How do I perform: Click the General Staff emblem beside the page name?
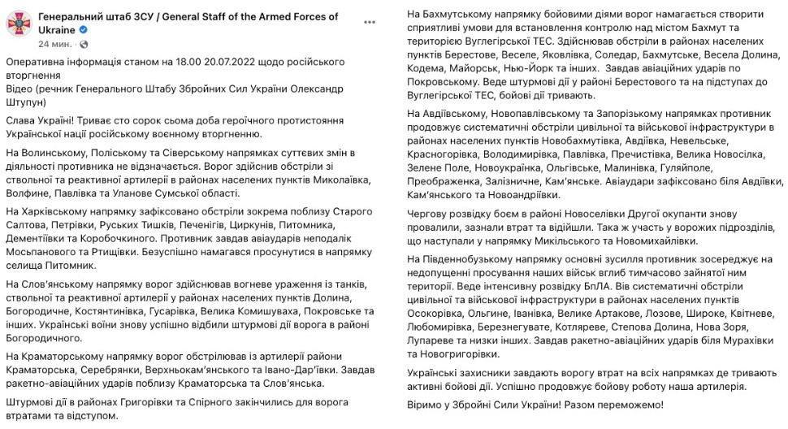pos(19,24)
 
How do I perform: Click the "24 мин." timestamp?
pos(54,42)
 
